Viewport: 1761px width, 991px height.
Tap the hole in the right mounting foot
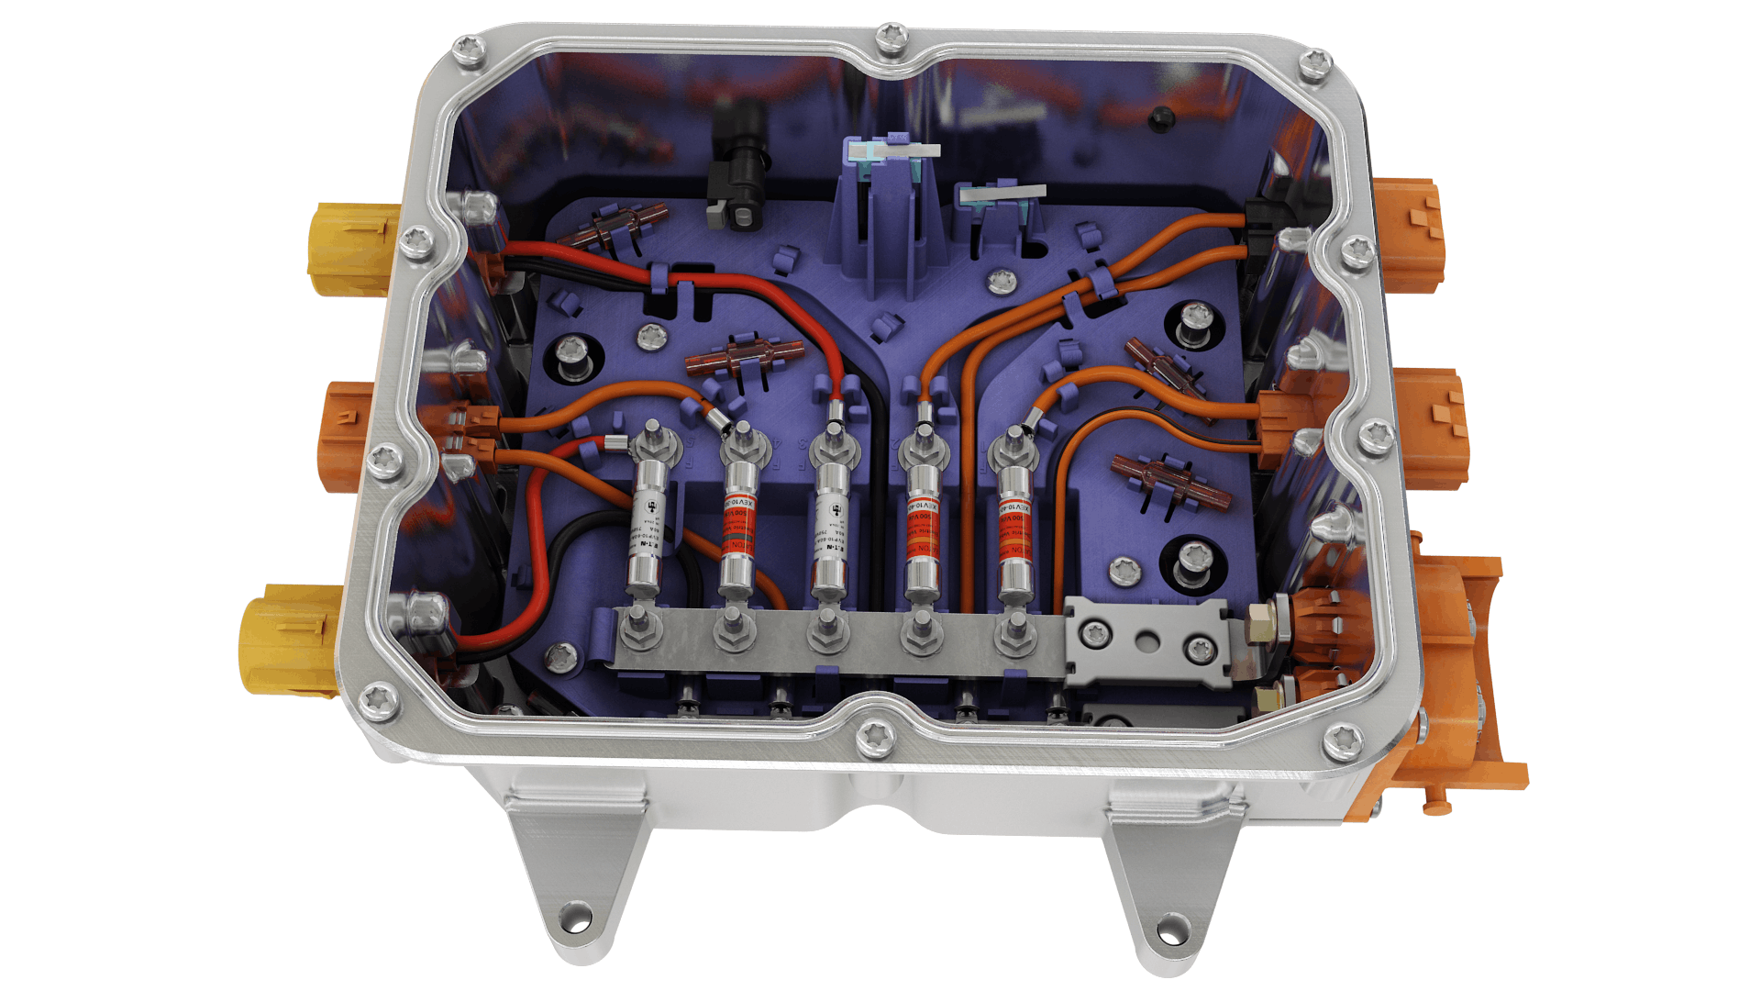(x=1171, y=928)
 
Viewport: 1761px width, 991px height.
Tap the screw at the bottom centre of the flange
(x=870, y=740)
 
